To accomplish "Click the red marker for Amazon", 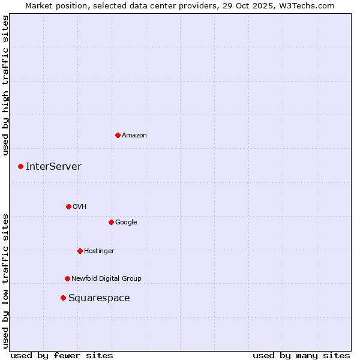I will pyautogui.click(x=118, y=135).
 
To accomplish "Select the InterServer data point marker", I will pyautogui.click(x=20, y=166).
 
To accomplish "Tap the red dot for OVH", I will pyautogui.click(x=68, y=206).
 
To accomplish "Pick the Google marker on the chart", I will pyautogui.click(x=111, y=222).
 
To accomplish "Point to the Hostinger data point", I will pyautogui.click(x=80, y=251).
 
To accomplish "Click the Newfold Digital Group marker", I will pyautogui.click(x=67, y=278).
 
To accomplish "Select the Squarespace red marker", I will pyautogui.click(x=63, y=298).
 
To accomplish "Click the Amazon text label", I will pyautogui.click(x=134, y=135).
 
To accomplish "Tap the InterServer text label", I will pyautogui.click(x=53, y=166).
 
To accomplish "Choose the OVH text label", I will pyautogui.click(x=79, y=206).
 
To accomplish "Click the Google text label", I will pyautogui.click(x=126, y=222).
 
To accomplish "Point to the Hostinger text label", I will pyautogui.click(x=99, y=251).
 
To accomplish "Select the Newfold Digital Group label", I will pyautogui.click(x=106, y=278).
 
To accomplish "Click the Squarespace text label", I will pyautogui.click(x=99, y=298).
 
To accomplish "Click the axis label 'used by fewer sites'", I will pyautogui.click(x=62, y=355).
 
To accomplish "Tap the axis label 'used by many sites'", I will pyautogui.click(x=301, y=355).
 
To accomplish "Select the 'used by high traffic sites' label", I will pyautogui.click(x=5, y=85).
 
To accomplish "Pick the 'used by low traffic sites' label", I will pyautogui.click(x=5, y=280).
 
